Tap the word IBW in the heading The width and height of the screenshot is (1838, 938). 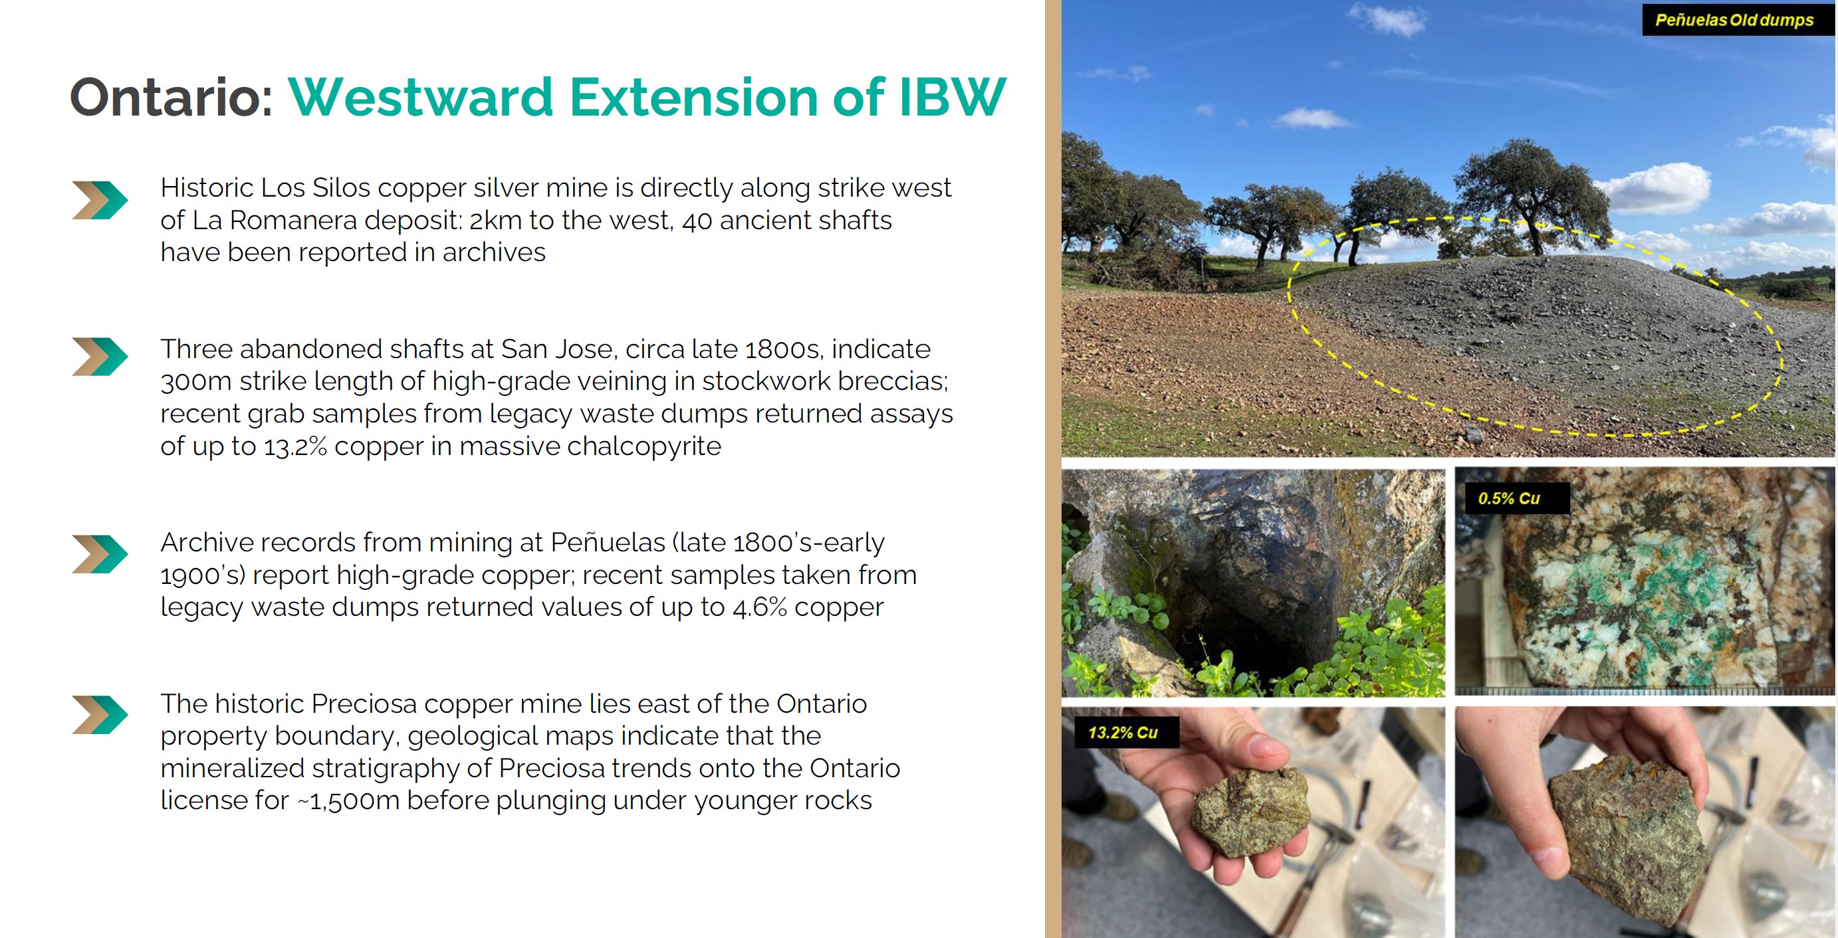pyautogui.click(x=952, y=97)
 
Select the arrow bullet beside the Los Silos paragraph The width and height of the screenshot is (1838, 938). pyautogui.click(x=99, y=201)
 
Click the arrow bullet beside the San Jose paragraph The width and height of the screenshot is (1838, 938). pyautogui.click(x=99, y=357)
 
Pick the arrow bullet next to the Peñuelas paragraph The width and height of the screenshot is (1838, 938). pyautogui.click(x=99, y=554)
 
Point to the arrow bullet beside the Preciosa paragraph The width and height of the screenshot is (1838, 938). pyautogui.click(x=99, y=715)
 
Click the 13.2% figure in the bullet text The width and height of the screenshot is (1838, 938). pyautogui.click(x=295, y=446)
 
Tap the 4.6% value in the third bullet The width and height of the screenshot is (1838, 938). pyautogui.click(x=760, y=607)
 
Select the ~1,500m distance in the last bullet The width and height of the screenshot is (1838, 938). pyautogui.click(x=348, y=801)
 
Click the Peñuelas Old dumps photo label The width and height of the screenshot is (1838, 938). pyautogui.click(x=1734, y=20)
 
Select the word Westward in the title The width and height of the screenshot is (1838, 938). pyautogui.click(x=421, y=97)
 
